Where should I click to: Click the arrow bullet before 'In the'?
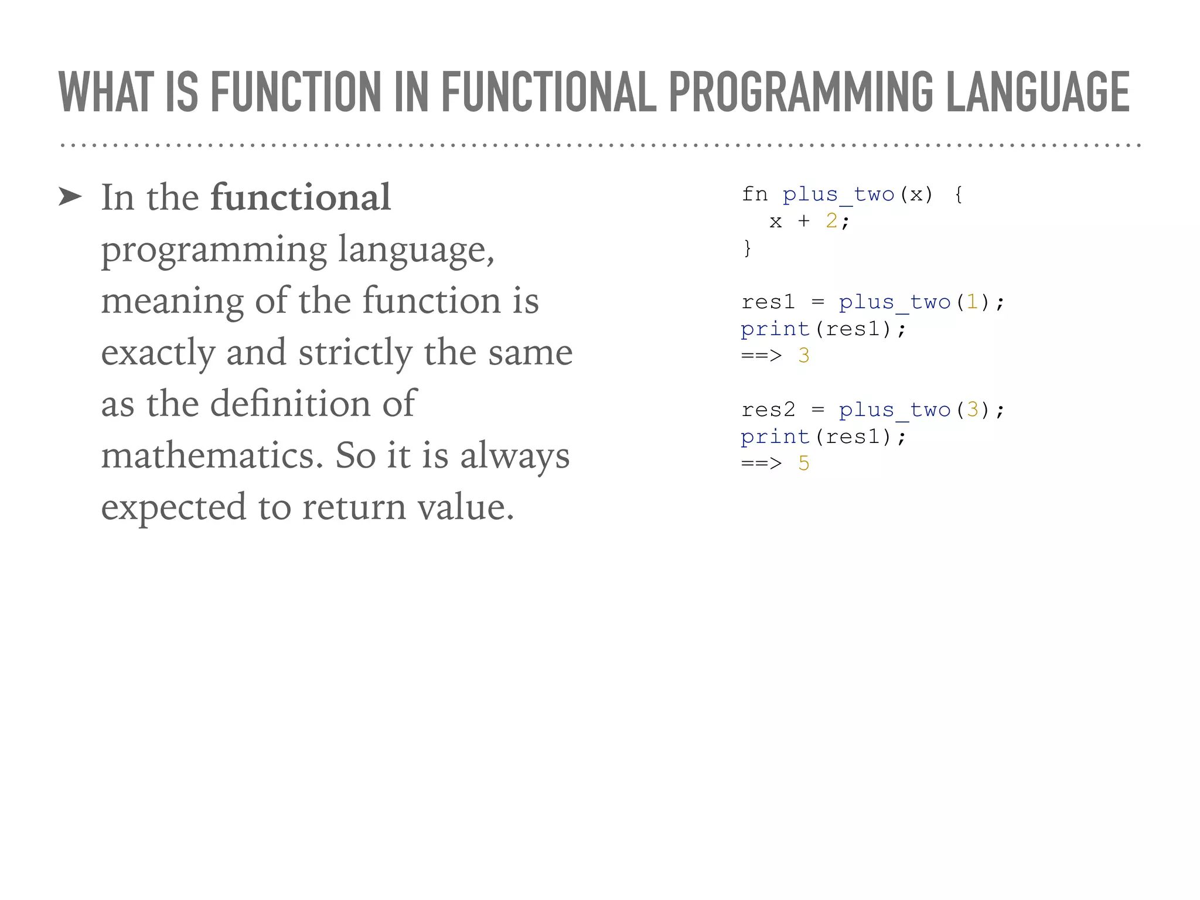tap(70, 197)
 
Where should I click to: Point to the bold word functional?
tap(301, 197)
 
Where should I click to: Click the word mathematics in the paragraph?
tap(212, 455)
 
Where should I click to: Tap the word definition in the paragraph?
tap(290, 404)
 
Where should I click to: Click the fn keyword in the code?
tap(755, 194)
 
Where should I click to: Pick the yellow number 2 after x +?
tap(831, 221)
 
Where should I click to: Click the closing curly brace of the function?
tap(747, 248)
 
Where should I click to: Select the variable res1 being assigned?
tap(768, 302)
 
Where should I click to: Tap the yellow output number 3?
tap(804, 356)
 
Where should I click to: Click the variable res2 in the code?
tap(768, 410)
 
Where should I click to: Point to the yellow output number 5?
tap(804, 463)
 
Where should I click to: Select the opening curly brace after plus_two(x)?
tap(959, 194)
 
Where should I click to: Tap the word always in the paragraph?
tap(514, 455)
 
